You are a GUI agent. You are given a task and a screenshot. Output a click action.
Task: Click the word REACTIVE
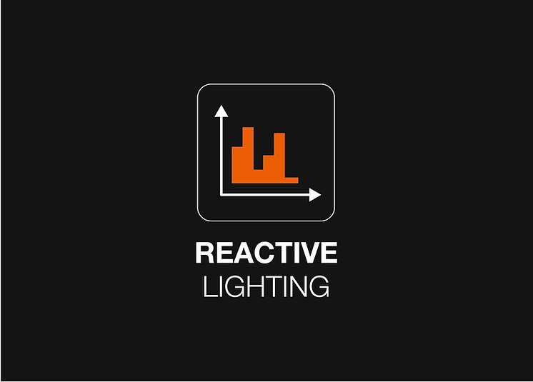click(x=266, y=252)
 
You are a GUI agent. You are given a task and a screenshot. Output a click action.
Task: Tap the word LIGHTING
click(x=266, y=286)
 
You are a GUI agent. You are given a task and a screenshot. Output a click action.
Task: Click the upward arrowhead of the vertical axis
click(x=221, y=111)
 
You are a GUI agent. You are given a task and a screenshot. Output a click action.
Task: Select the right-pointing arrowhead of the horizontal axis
click(x=315, y=195)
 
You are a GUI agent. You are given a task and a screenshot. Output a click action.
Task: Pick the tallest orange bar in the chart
click(x=248, y=155)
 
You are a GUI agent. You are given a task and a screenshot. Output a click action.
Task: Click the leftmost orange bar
click(x=237, y=165)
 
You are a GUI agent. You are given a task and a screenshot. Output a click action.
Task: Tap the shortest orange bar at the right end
click(x=292, y=181)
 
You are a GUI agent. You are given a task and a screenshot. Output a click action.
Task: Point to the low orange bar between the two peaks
click(x=259, y=176)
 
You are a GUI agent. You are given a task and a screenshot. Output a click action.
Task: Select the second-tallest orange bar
click(x=279, y=159)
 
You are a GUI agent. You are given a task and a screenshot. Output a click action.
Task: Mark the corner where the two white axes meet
click(x=221, y=195)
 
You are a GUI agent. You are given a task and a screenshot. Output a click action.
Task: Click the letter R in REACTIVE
click(x=204, y=253)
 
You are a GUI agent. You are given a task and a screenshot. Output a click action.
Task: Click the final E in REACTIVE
click(x=329, y=253)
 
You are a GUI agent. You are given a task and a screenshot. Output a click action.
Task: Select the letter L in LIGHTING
click(x=210, y=286)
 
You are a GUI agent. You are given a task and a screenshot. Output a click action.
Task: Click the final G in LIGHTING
click(x=319, y=286)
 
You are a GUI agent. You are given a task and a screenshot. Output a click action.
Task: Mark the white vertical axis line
click(x=221, y=156)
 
